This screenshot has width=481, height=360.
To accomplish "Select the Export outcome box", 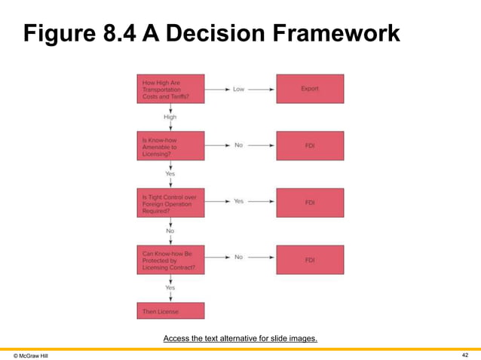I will (310, 88).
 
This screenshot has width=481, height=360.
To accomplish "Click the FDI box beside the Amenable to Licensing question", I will (310, 145).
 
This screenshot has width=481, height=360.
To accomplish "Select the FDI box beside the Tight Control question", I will (310, 202).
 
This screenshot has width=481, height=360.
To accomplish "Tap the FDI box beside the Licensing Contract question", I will (310, 259).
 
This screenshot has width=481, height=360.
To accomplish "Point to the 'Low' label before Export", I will (238, 89).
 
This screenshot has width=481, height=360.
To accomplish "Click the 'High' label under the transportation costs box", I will (171, 117).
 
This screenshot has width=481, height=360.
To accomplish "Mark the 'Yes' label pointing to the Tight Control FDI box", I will (238, 202).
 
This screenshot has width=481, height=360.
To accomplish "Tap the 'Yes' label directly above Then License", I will (171, 288).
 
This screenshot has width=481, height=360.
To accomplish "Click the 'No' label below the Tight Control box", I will (171, 230).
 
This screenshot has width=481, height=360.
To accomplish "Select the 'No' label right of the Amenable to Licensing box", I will (238, 145).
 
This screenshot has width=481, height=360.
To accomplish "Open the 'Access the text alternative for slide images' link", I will (240, 338).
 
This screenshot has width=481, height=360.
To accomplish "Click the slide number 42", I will (464, 353).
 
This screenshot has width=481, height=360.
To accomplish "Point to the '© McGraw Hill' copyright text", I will (31, 354).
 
